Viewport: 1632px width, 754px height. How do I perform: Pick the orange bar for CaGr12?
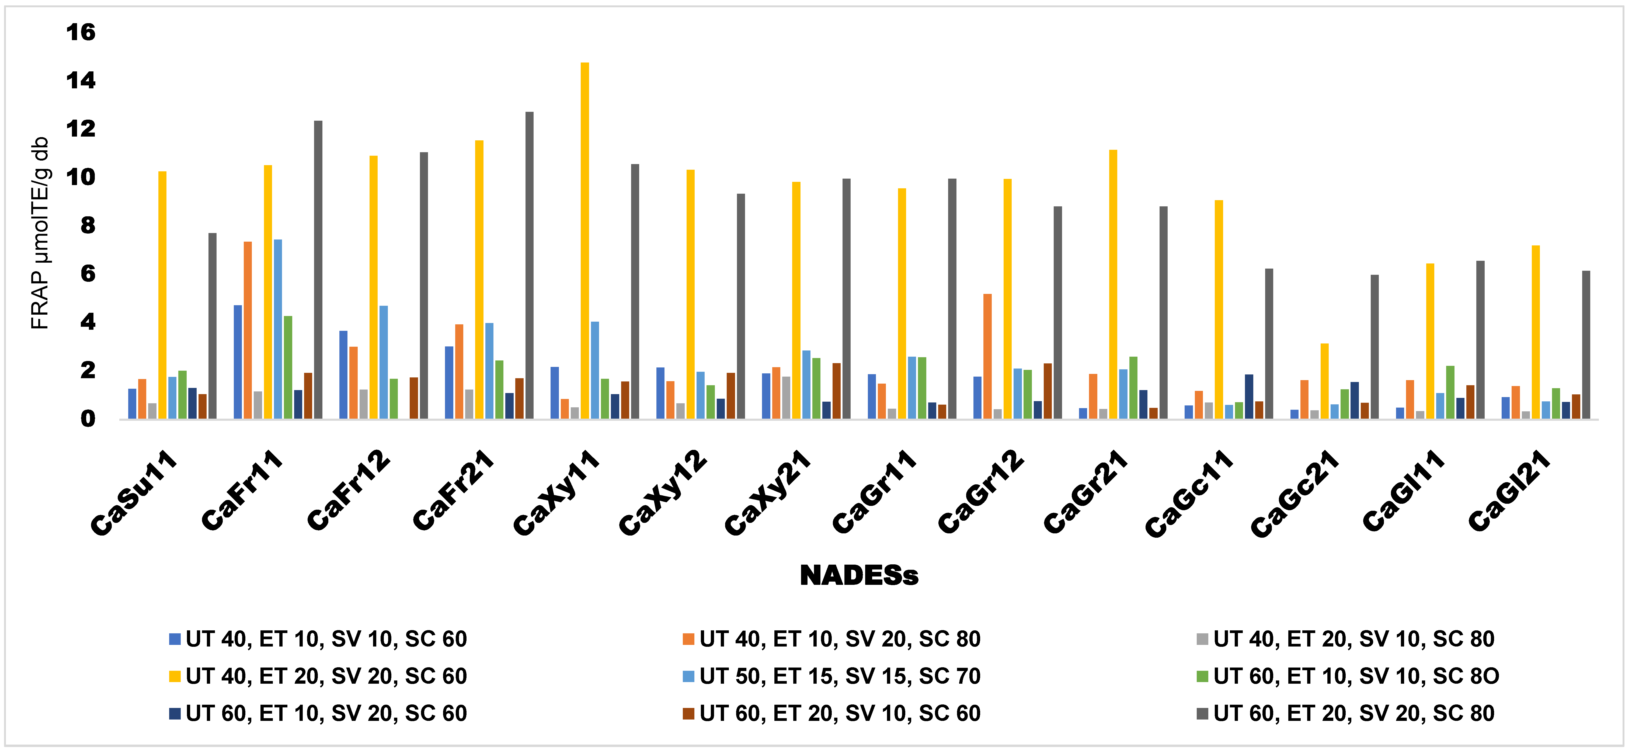click(x=987, y=356)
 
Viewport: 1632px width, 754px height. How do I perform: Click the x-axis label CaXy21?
click(x=768, y=492)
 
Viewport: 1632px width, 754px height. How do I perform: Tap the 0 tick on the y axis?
click(x=88, y=419)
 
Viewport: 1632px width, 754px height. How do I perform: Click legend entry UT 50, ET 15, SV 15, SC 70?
click(x=840, y=676)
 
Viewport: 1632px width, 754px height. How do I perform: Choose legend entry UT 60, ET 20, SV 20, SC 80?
click(x=1353, y=713)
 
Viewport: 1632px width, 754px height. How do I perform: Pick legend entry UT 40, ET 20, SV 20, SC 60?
click(x=326, y=676)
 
